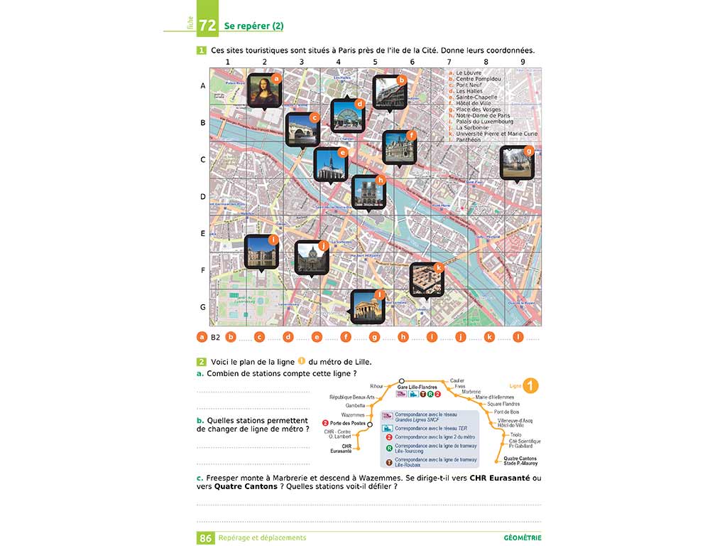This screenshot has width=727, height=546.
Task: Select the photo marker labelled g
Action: [517, 163]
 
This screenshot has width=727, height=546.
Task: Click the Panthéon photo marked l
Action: [368, 306]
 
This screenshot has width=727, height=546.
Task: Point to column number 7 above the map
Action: [449, 62]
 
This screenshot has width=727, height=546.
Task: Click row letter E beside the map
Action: [203, 233]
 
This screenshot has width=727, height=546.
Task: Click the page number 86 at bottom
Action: [206, 538]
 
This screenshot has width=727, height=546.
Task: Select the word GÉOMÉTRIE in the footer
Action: [523, 538]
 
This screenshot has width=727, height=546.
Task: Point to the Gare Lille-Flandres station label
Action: [417, 387]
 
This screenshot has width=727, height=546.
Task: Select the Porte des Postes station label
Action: [347, 424]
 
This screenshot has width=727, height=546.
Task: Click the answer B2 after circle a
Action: [216, 337]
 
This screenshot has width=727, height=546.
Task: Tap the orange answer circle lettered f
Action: [346, 337]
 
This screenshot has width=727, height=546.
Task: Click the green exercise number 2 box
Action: [202, 362]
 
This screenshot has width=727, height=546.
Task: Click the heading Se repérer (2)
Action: [253, 26]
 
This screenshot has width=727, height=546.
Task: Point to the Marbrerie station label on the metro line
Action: [471, 392]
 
